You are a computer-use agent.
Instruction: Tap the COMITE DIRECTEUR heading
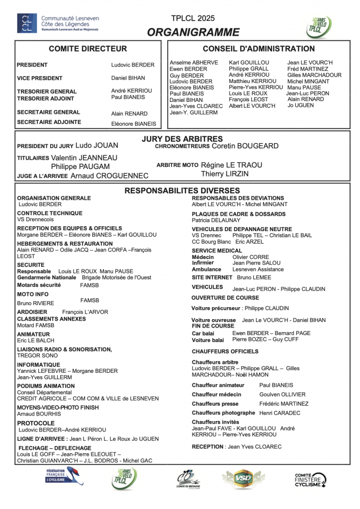(x=88, y=49)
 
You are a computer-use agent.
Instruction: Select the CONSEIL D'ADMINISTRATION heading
(x=259, y=49)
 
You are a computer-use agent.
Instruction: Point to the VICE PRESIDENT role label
(x=40, y=78)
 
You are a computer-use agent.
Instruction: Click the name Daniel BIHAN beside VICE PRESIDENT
(x=128, y=78)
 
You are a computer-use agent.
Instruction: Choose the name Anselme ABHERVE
(x=194, y=63)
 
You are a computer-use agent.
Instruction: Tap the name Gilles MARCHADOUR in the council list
(x=314, y=75)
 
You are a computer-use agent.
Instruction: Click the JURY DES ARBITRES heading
(x=182, y=139)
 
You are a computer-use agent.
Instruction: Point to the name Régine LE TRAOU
(x=231, y=165)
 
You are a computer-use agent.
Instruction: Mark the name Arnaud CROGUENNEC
(x=109, y=175)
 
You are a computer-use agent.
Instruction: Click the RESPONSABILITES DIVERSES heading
(x=182, y=190)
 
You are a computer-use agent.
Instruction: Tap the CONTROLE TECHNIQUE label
(x=50, y=213)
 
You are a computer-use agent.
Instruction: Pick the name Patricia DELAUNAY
(x=216, y=220)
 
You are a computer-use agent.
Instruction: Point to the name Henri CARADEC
(x=280, y=413)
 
